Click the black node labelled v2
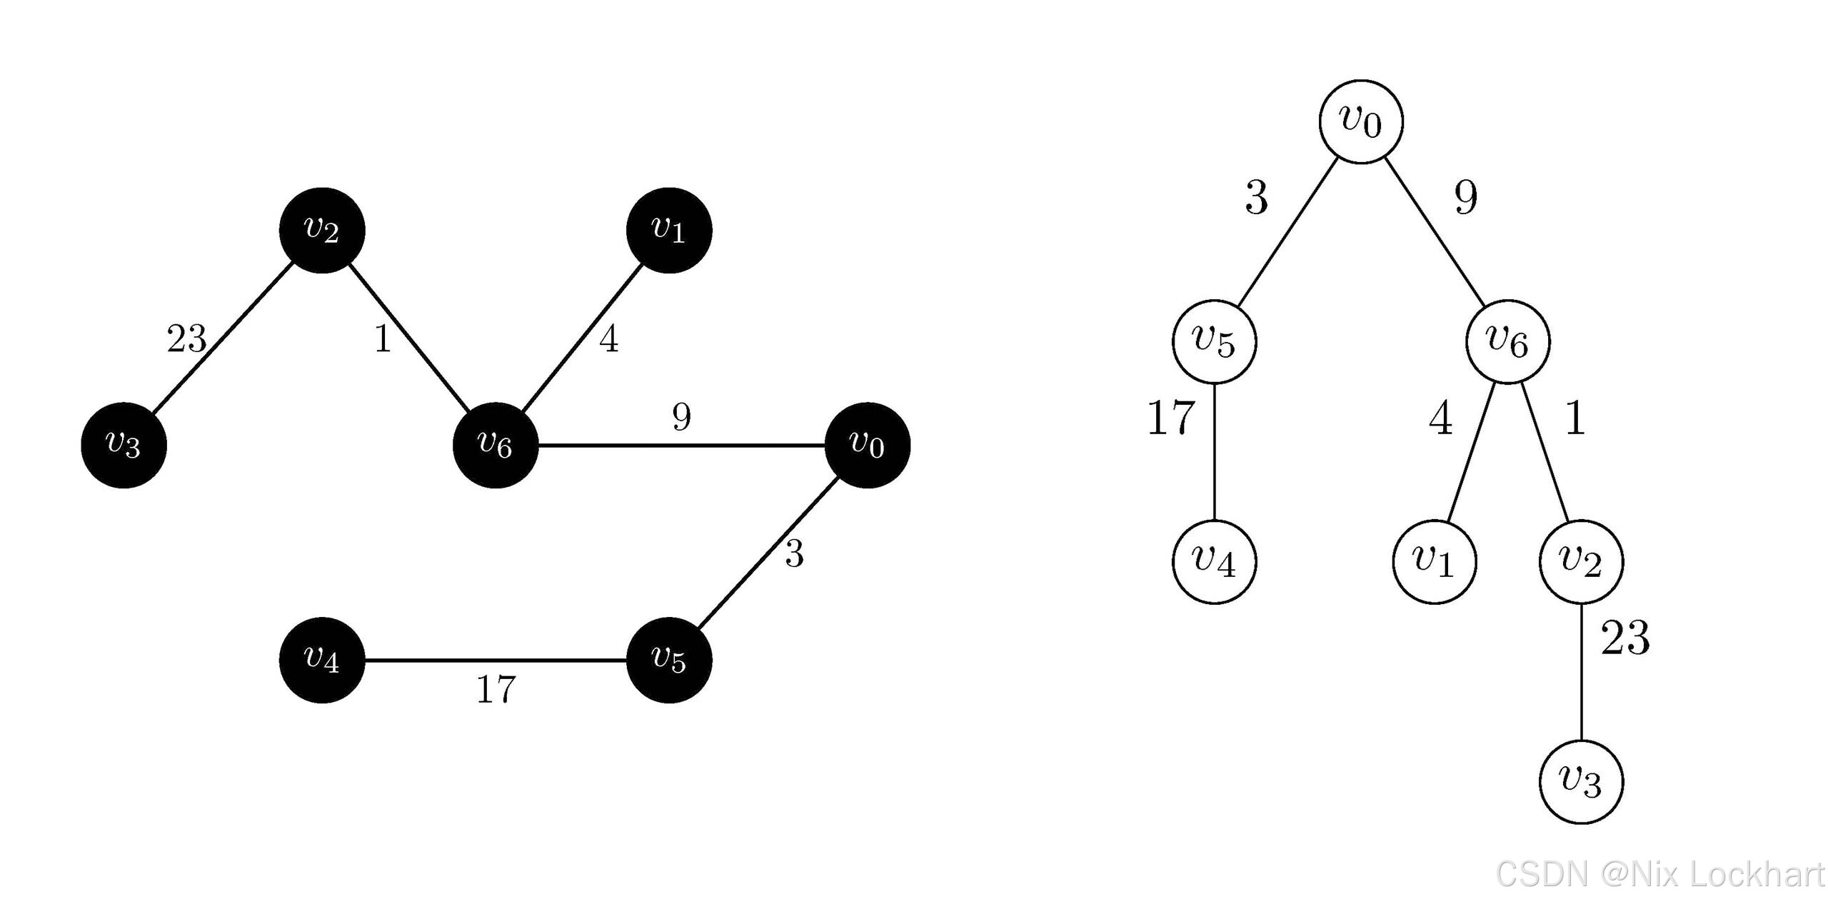click(322, 231)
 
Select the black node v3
click(124, 446)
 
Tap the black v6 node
click(496, 446)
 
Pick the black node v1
click(669, 231)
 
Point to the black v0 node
click(868, 446)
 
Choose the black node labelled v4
click(322, 660)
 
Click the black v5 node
click(669, 660)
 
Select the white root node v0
click(1361, 121)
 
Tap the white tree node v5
click(1214, 341)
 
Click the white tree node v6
click(1508, 341)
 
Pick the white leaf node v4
click(1214, 562)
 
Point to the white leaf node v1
click(1435, 562)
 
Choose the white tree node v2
click(1581, 562)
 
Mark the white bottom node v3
click(1581, 782)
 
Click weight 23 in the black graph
click(186, 338)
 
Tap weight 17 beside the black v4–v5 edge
click(496, 690)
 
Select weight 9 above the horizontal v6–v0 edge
click(682, 417)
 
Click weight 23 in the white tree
click(1625, 638)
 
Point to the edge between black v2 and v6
click(408, 338)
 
